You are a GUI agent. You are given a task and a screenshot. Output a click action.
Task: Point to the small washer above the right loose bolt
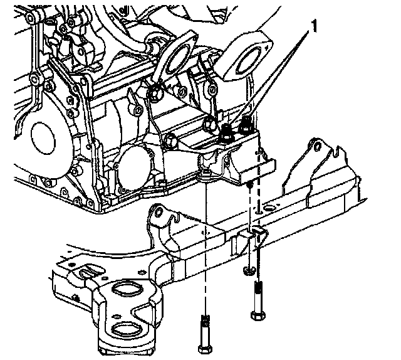coord(249,269)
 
